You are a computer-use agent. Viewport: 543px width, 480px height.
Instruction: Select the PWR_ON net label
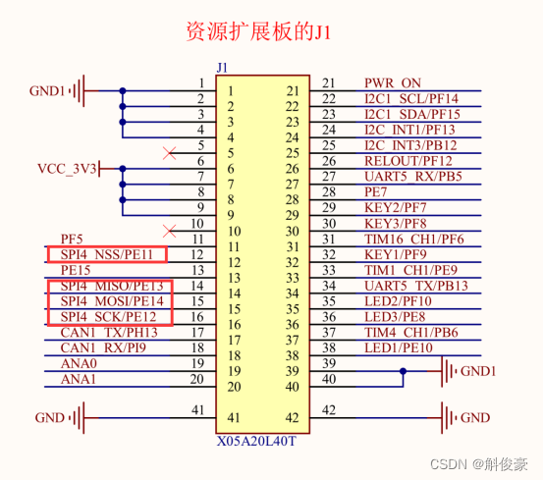click(393, 83)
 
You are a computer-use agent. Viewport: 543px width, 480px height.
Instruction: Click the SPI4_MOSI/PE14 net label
click(110, 301)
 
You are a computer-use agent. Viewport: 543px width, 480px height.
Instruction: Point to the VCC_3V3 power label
click(67, 168)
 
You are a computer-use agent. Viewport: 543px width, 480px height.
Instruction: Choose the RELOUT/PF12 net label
click(408, 161)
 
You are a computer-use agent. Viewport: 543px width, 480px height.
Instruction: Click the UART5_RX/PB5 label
click(412, 177)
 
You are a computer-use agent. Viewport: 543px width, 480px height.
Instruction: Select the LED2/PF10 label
click(397, 301)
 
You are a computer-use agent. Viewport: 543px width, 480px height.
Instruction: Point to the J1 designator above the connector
click(221, 68)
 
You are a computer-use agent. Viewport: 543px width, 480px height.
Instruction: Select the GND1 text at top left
click(47, 91)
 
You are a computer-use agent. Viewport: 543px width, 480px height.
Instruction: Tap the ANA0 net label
click(79, 363)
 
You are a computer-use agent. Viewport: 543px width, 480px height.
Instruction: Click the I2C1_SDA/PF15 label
click(411, 114)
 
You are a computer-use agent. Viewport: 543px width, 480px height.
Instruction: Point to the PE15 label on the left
click(76, 269)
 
